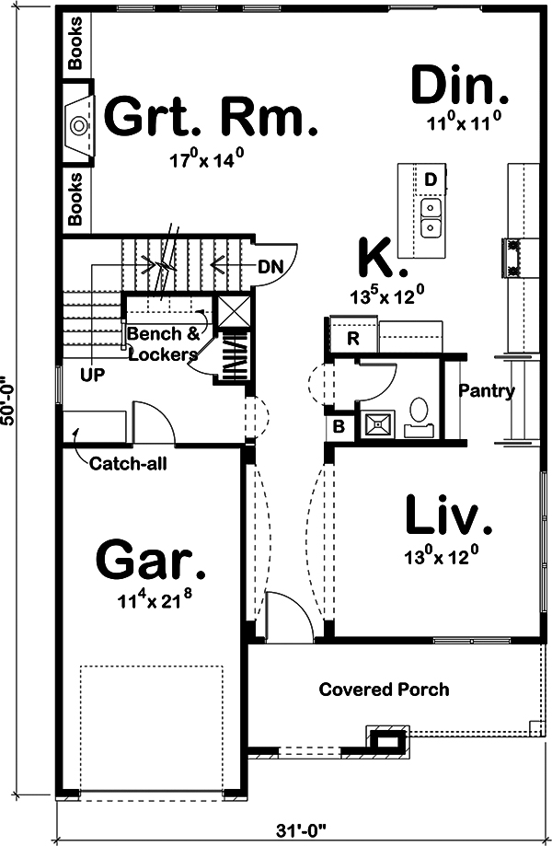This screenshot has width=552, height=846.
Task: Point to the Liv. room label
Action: pos(449,517)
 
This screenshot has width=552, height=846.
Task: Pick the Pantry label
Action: pos(487,391)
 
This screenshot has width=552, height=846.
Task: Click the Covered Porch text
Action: pos(384,690)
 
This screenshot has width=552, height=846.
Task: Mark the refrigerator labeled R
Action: pos(351,337)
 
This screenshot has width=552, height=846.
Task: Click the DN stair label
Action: pos(269,266)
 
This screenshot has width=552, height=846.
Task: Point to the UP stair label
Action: pos(91,376)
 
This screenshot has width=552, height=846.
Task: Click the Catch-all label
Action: pos(127,463)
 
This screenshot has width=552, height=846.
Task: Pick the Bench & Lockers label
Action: pos(162,344)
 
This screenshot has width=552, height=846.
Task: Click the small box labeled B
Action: pos(339,428)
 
